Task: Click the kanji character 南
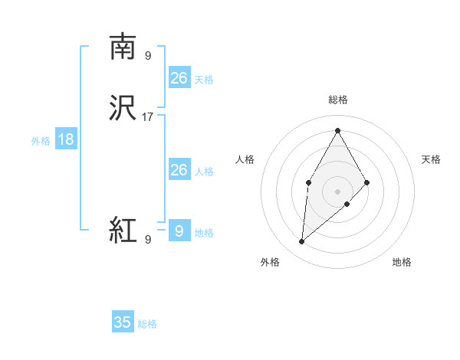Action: point(123,47)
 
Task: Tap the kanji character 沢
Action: point(123,108)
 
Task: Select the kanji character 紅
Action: point(123,229)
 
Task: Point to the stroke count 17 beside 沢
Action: point(148,117)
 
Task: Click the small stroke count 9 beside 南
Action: point(148,55)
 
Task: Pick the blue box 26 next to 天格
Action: point(179,77)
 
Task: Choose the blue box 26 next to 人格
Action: point(179,170)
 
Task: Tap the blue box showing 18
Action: point(66,139)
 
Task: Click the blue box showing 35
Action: point(123,322)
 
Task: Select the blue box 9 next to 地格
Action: point(179,231)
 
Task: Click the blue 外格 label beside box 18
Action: point(41,140)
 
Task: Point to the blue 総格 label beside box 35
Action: point(147,324)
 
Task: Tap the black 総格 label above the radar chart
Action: point(337,100)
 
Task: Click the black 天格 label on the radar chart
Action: point(431,159)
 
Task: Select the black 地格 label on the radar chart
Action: point(402,262)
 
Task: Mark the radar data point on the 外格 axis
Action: point(302,242)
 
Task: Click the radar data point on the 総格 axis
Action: point(337,129)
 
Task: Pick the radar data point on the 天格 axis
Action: point(367,182)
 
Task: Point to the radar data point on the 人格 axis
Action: point(308,182)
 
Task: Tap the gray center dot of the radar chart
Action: point(337,191)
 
